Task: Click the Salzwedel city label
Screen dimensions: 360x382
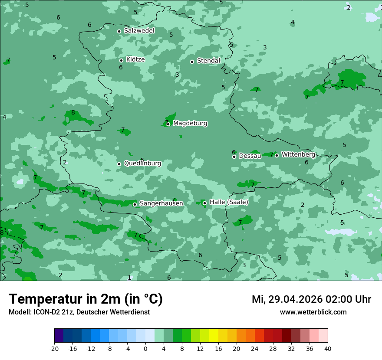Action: pyautogui.click(x=139, y=31)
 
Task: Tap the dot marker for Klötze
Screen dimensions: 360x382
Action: pyautogui.click(x=121, y=60)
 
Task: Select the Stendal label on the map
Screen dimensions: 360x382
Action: pyautogui.click(x=208, y=61)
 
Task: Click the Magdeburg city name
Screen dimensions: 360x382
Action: pyautogui.click(x=190, y=124)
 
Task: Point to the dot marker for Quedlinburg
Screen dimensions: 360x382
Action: pyautogui.click(x=119, y=164)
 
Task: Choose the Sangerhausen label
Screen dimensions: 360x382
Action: pyautogui.click(x=161, y=203)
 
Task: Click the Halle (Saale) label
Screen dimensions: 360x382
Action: pyautogui.click(x=229, y=202)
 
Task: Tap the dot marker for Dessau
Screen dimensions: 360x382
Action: pyautogui.click(x=234, y=157)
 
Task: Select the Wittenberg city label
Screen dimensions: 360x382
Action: pyautogui.click(x=298, y=154)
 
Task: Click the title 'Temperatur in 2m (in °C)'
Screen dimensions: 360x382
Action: pyautogui.click(x=86, y=299)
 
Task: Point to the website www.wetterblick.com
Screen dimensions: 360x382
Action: pyautogui.click(x=313, y=312)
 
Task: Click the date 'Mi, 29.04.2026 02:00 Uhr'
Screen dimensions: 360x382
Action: pyautogui.click(x=311, y=299)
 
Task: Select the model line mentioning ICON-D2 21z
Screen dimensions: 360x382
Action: pyautogui.click(x=79, y=312)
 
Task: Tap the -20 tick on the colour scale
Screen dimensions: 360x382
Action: pyautogui.click(x=54, y=349)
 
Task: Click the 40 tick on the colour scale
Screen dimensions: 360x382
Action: pyautogui.click(x=327, y=349)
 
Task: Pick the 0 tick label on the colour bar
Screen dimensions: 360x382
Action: pyautogui.click(x=145, y=349)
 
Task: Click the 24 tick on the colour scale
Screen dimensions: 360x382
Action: pyautogui.click(x=254, y=349)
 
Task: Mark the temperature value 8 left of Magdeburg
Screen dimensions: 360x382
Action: pyautogui.click(x=73, y=113)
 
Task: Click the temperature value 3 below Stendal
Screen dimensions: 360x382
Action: pyautogui.click(x=177, y=75)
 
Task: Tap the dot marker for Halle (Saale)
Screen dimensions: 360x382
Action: pyautogui.click(x=204, y=203)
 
